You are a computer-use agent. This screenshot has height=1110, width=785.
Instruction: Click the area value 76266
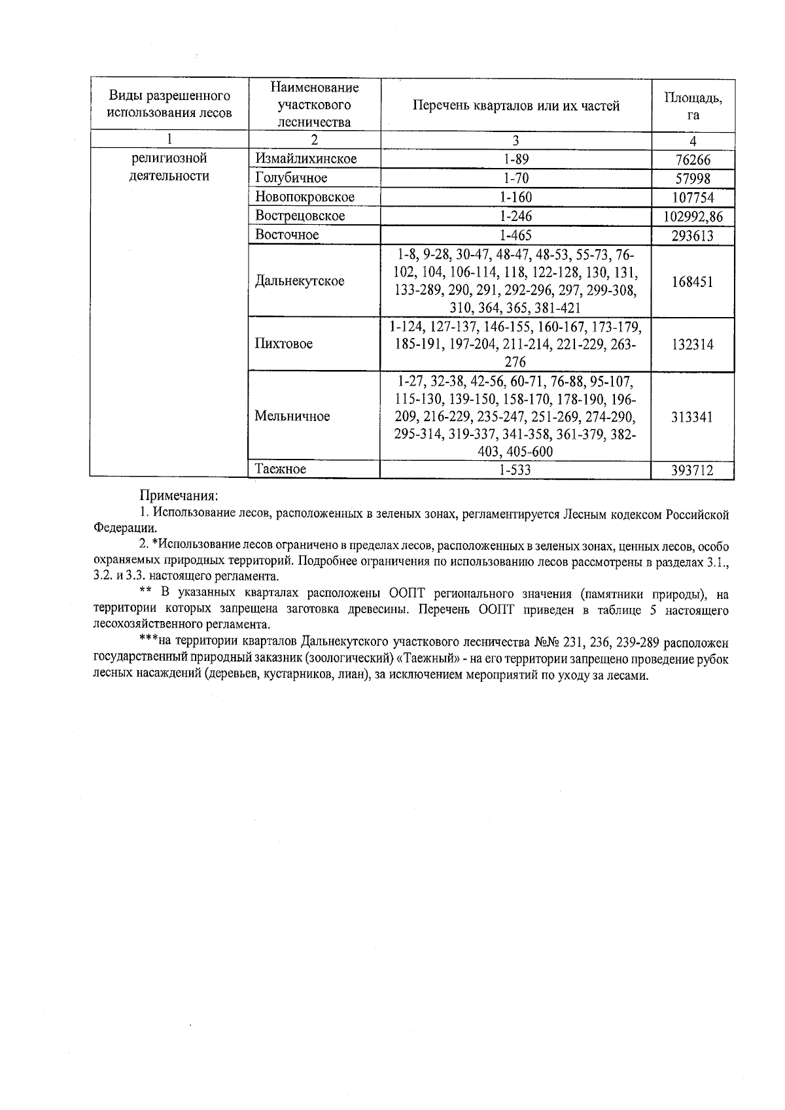pyautogui.click(x=692, y=160)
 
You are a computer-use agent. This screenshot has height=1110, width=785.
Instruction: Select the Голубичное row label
pyautogui.click(x=291, y=178)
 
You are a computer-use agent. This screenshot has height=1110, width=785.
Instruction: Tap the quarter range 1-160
pyautogui.click(x=515, y=197)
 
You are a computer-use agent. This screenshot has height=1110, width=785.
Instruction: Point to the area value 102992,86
pyautogui.click(x=693, y=216)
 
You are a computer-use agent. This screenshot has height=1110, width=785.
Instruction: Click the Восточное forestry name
pyautogui.click(x=287, y=235)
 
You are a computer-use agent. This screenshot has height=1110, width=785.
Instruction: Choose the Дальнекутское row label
pyautogui.click(x=300, y=281)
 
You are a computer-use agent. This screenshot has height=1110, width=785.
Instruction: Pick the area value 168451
pyautogui.click(x=692, y=282)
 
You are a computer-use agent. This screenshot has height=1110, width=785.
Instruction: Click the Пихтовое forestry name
pyautogui.click(x=284, y=344)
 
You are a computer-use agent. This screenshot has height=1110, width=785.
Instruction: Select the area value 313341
pyautogui.click(x=692, y=417)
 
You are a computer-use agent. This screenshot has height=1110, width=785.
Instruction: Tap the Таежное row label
pyautogui.click(x=281, y=469)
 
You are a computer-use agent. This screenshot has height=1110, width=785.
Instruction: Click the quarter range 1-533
pyautogui.click(x=515, y=470)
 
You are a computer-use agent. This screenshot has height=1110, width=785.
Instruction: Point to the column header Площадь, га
pyautogui.click(x=693, y=105)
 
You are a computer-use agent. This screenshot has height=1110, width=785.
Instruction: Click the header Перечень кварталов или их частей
pyautogui.click(x=515, y=106)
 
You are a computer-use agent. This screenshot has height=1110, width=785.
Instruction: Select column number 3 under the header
pyautogui.click(x=515, y=141)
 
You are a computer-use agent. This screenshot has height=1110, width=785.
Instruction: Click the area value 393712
pyautogui.click(x=692, y=470)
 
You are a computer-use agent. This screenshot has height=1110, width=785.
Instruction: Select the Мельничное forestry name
pyautogui.click(x=292, y=416)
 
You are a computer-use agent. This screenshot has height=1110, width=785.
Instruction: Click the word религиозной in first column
pyautogui.click(x=169, y=158)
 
